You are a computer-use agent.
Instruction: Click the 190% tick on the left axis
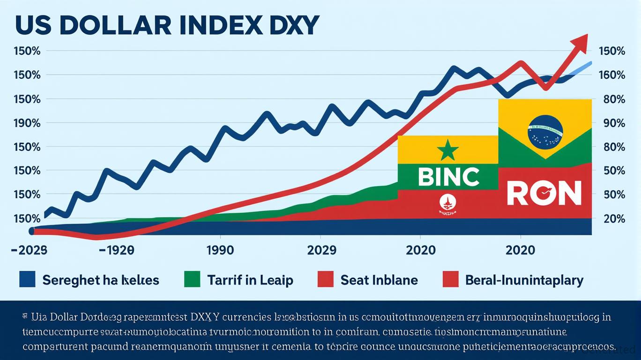27,123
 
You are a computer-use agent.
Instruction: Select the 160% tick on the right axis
612,75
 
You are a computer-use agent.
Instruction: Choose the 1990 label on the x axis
221,250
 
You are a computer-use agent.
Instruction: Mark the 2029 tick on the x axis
322,250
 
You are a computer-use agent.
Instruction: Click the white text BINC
448,177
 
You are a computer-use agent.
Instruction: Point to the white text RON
544,193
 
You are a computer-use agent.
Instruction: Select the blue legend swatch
27,280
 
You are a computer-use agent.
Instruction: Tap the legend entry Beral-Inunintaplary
524,280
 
